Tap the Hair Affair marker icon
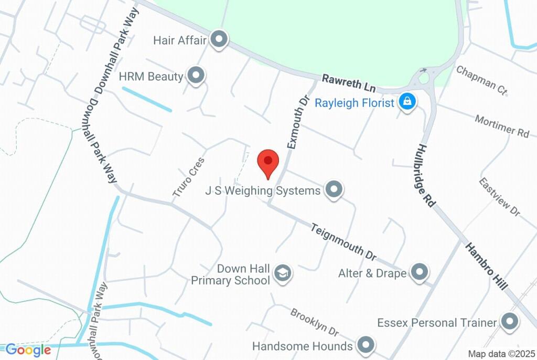pos(218,39)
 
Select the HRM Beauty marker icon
pos(196,76)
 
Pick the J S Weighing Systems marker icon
pos(333,189)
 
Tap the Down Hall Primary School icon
pos(283,273)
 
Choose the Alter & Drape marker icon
pos(419,272)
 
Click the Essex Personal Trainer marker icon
pos(509,322)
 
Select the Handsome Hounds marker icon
pos(365,345)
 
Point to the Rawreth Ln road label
pos(342,83)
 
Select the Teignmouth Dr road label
pos(343,242)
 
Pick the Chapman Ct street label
pos(482,80)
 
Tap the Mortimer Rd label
pos(502,126)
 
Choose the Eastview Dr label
pos(499,196)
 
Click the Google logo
pos(28,350)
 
